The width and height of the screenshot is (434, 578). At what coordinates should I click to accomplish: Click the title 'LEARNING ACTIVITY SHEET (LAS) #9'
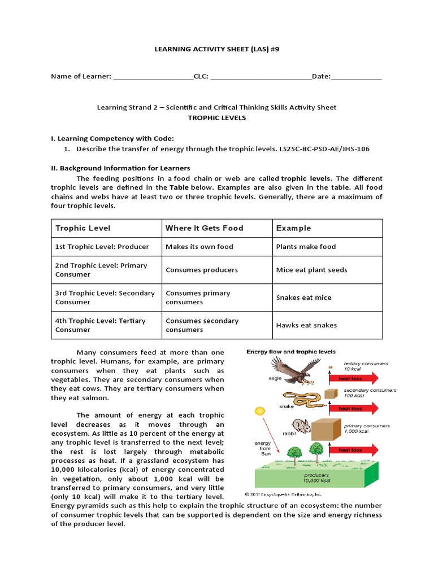pyautogui.click(x=217, y=49)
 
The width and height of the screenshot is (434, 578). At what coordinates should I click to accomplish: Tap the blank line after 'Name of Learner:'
pyautogui.click(x=153, y=77)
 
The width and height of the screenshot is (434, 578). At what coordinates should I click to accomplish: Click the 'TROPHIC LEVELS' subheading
pyautogui.click(x=217, y=118)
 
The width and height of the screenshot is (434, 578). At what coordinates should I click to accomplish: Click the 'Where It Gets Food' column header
pyautogui.click(x=204, y=228)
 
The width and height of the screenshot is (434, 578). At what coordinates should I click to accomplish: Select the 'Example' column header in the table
pyautogui.click(x=293, y=228)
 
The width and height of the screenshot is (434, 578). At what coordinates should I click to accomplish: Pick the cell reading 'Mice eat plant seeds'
pyautogui.click(x=311, y=270)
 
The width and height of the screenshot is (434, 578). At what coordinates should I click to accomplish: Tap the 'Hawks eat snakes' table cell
pyautogui.click(x=306, y=325)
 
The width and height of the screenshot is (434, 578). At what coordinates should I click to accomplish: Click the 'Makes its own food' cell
pyautogui.click(x=199, y=247)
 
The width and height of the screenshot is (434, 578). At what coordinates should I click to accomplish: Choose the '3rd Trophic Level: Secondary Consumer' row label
pyautogui.click(x=105, y=297)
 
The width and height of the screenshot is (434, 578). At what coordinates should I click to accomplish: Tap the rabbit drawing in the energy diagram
pyautogui.click(x=301, y=427)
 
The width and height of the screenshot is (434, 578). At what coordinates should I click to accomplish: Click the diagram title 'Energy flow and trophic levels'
pyautogui.click(x=290, y=352)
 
